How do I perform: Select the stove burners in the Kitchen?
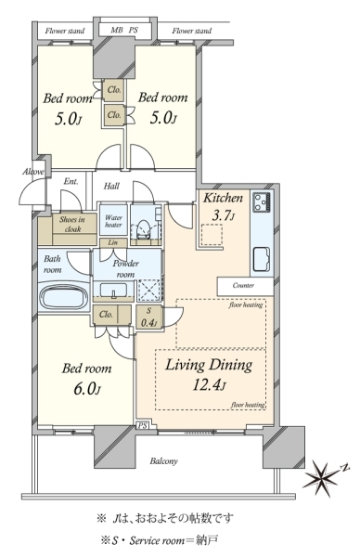pyautogui.click(x=263, y=202)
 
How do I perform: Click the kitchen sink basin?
pyautogui.click(x=262, y=259)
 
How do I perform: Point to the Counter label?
pyautogui.click(x=243, y=285)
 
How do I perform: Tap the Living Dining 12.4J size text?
pyautogui.click(x=209, y=384)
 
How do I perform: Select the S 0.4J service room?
pyautogui.click(x=148, y=317)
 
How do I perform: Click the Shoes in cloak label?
pyautogui.click(x=72, y=224)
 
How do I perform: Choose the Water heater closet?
pyautogui.click(x=113, y=220)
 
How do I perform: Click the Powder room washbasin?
pyautogui.click(x=113, y=291)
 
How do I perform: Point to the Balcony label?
pyautogui.click(x=163, y=461)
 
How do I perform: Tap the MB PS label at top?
pyautogui.click(x=124, y=31)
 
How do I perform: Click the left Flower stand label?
pyautogui.click(x=65, y=31)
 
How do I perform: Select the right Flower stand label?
pyautogui.click(x=192, y=31)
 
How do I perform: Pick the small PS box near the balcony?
pyautogui.click(x=142, y=425)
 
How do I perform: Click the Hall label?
pyautogui.click(x=111, y=186)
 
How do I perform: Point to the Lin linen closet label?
pyautogui.click(x=113, y=242)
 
